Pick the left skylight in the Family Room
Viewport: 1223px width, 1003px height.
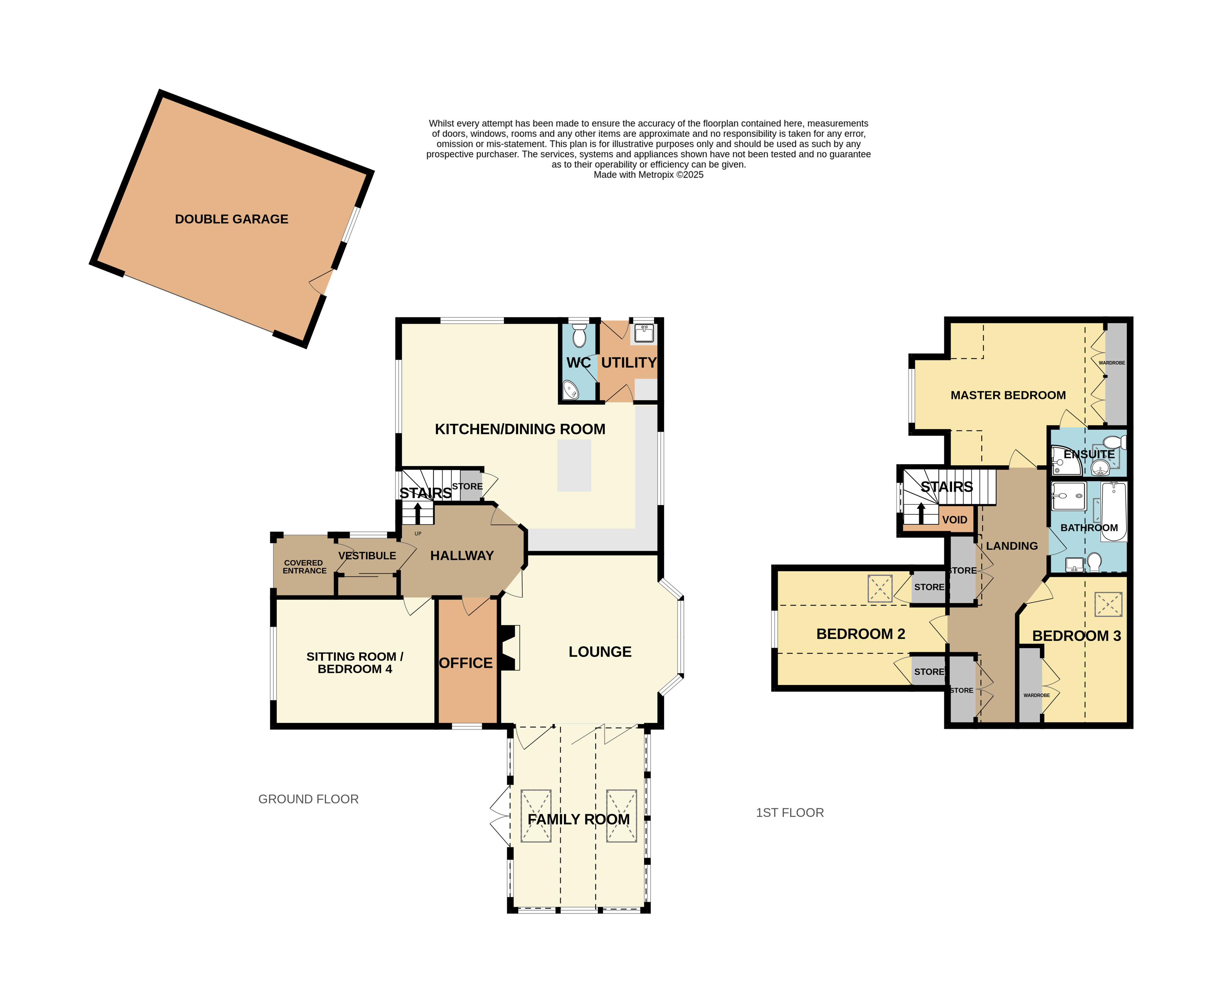coord(536,816)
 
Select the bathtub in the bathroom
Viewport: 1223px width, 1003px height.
coord(1114,511)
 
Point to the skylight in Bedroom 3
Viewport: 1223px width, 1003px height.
coord(1108,604)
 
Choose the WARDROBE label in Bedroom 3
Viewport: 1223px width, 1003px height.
coord(1036,695)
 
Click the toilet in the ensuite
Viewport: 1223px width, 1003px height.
coord(1115,442)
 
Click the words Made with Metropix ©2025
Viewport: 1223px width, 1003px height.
coord(648,175)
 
